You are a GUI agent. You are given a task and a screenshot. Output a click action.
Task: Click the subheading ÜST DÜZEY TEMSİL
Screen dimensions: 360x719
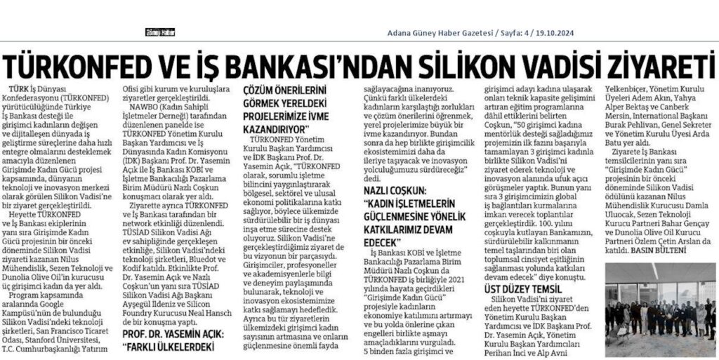[x=526, y=288]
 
